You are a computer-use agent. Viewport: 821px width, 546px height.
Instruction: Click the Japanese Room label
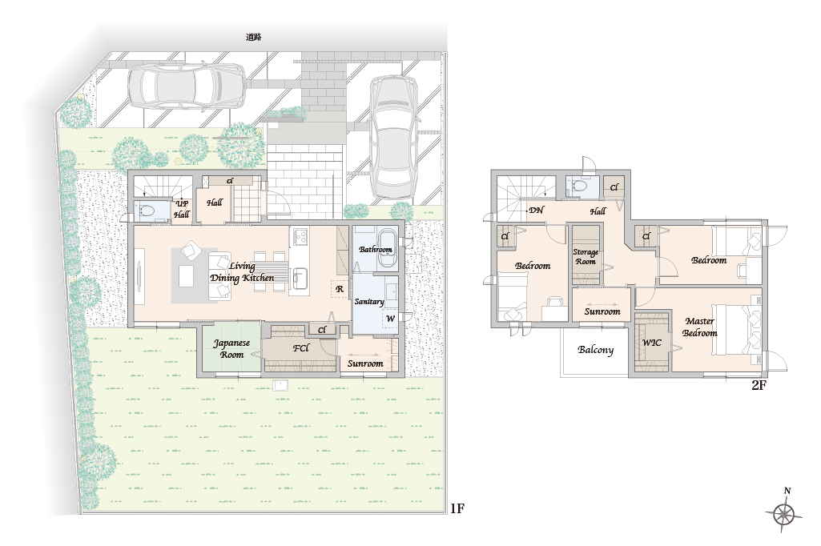(231, 348)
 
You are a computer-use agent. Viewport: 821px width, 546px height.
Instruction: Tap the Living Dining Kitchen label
(242, 272)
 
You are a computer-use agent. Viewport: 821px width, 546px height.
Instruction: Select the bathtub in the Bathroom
(376, 248)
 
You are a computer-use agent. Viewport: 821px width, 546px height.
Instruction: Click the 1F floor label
(457, 508)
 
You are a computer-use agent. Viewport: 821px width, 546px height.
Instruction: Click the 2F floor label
(759, 386)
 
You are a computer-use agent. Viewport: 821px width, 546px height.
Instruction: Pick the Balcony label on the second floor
(595, 350)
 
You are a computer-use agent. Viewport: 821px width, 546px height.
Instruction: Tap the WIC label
(652, 343)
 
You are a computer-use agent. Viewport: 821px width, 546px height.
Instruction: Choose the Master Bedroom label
(699, 327)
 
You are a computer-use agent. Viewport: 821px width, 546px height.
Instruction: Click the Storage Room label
(586, 256)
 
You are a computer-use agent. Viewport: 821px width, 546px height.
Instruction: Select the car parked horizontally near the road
(187, 86)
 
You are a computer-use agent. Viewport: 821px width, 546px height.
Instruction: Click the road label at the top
(253, 37)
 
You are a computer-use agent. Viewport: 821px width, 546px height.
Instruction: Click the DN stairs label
(536, 210)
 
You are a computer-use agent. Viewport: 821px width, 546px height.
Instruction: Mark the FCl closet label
(301, 348)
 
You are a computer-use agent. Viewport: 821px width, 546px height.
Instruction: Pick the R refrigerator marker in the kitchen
(340, 289)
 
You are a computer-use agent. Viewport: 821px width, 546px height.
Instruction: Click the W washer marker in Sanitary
(390, 319)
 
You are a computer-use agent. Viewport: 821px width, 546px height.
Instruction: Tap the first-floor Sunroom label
(365, 363)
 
